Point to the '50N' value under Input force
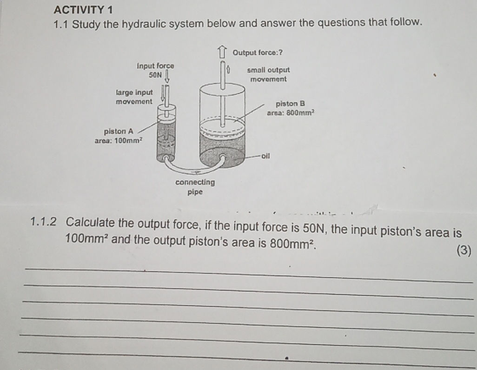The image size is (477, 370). click(155, 74)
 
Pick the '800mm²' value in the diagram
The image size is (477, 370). click(301, 112)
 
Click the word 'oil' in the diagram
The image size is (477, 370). click(265, 156)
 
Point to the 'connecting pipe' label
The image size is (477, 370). click(195, 186)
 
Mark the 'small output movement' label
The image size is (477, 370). click(268, 74)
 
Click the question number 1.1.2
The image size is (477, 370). click(45, 221)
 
